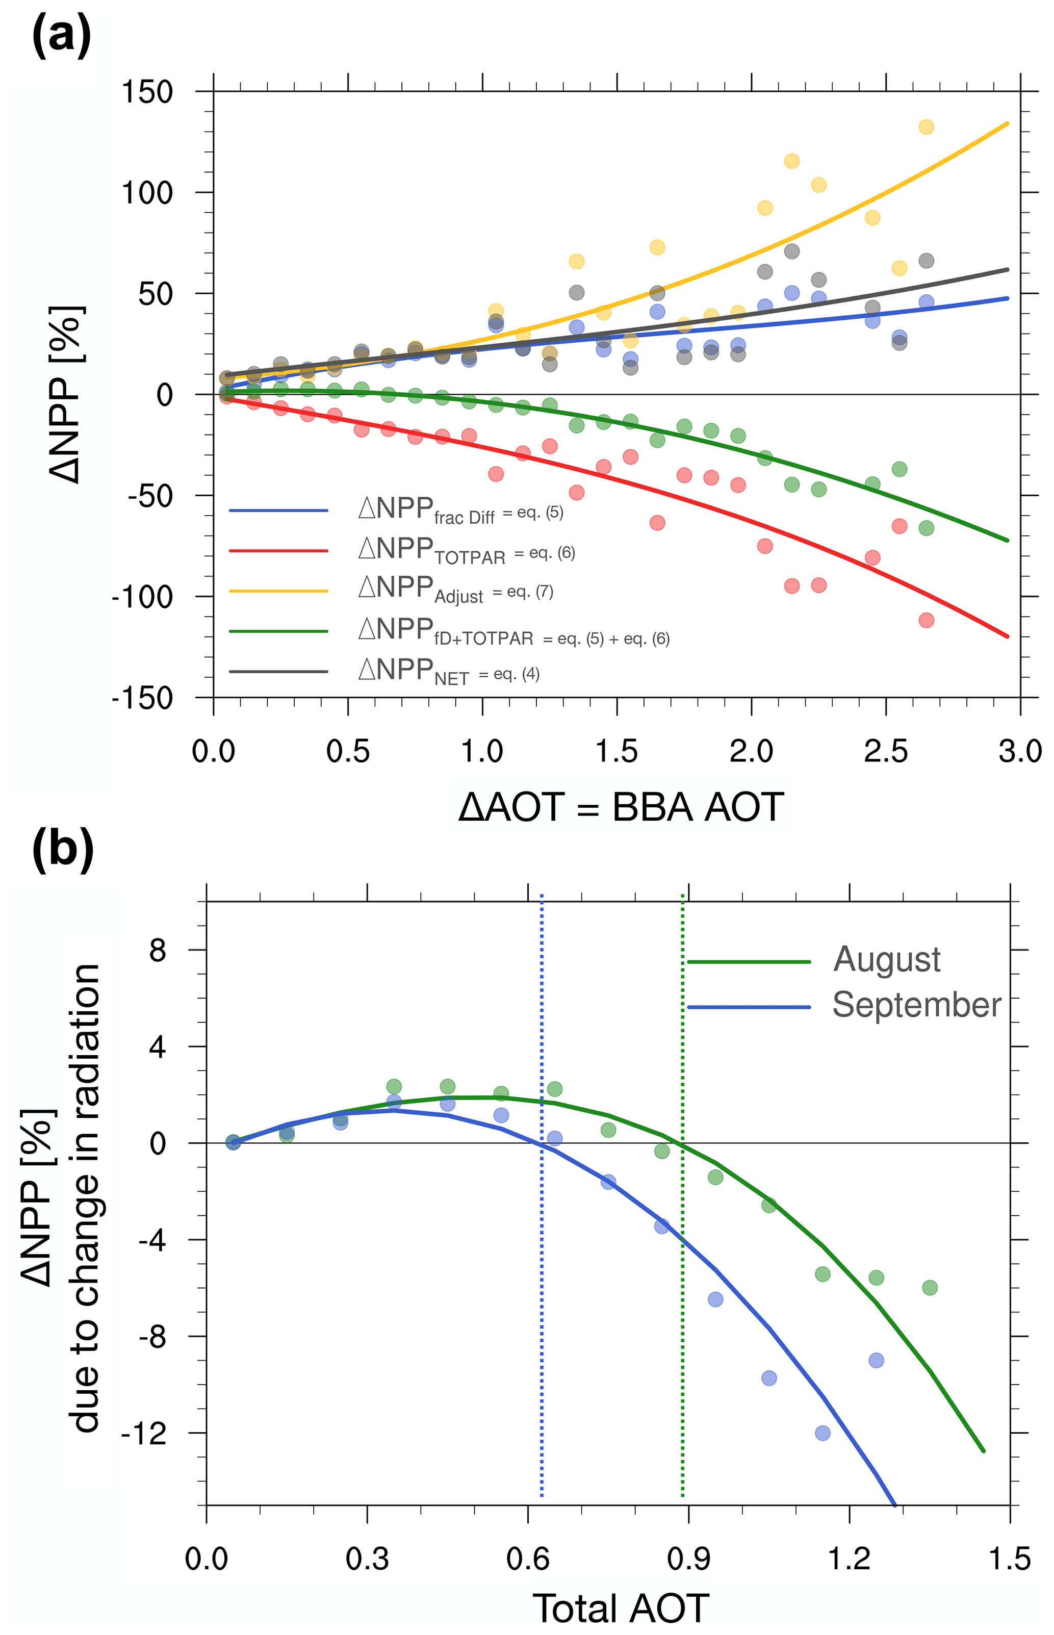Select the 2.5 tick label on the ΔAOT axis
tap(886, 751)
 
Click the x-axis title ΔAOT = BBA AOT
tap(621, 808)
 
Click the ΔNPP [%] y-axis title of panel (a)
tap(66, 394)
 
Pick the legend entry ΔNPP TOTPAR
tap(466, 551)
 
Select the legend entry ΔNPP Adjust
tap(455, 591)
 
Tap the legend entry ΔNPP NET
tap(448, 671)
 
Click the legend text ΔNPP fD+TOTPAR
tap(513, 631)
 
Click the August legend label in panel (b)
tap(886, 959)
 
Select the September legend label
tap(916, 1005)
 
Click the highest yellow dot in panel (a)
tap(926, 126)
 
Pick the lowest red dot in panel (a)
tap(926, 620)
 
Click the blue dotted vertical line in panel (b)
tap(542, 1300)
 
